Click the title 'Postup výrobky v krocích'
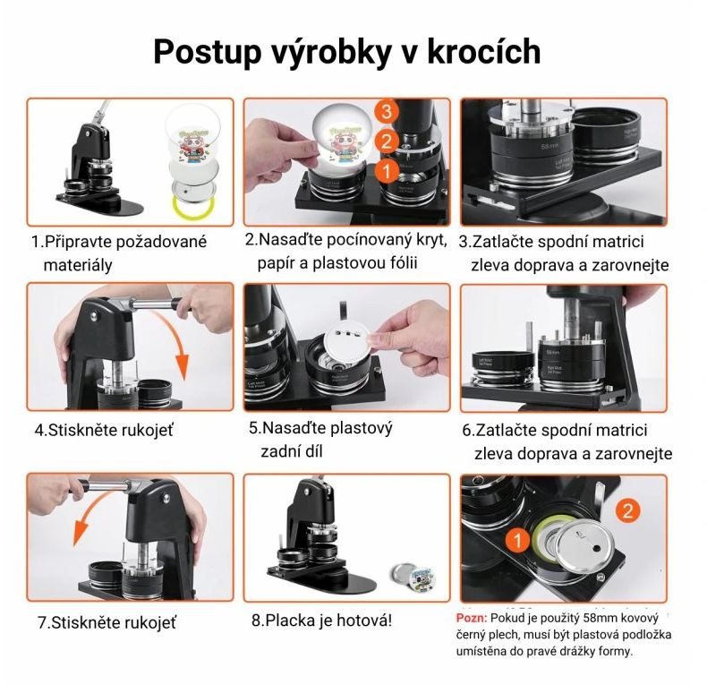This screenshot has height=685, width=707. click(346, 52)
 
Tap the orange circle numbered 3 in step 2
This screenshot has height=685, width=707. click(386, 112)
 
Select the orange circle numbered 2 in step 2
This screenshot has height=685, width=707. click(386, 141)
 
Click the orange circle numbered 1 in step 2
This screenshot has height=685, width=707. click(386, 168)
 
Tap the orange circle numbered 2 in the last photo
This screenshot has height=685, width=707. click(628, 511)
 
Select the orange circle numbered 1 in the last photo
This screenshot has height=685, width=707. click(517, 540)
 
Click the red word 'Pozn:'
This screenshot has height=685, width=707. click(471, 619)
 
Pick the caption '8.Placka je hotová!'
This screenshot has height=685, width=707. click(321, 620)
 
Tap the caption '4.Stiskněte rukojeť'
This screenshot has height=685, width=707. click(104, 430)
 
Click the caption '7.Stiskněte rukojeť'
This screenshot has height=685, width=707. click(106, 621)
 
